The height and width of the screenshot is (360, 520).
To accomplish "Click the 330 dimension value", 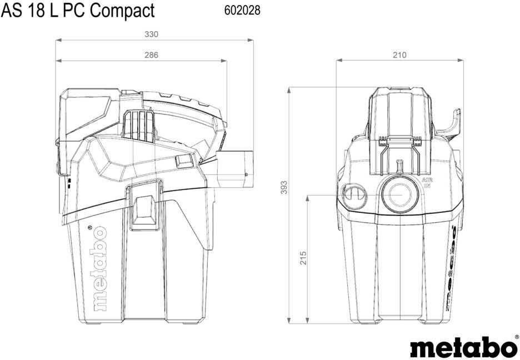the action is coord(151,34).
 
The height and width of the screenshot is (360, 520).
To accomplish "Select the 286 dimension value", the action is coord(151,55).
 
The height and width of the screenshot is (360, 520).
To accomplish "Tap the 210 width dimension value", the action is coord(399,55).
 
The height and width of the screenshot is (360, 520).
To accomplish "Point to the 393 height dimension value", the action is coord(284,188).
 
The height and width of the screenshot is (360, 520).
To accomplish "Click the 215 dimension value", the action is coord(303,258).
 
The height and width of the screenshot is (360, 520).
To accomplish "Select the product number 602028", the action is coord(242,11).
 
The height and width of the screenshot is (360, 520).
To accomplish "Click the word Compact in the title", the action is coord(122,10).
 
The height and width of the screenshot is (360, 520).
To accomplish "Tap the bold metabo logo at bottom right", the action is coord(463,347).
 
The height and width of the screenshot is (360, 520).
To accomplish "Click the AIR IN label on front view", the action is coord(426,183).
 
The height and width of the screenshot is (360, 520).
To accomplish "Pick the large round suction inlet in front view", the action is coord(399,194).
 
